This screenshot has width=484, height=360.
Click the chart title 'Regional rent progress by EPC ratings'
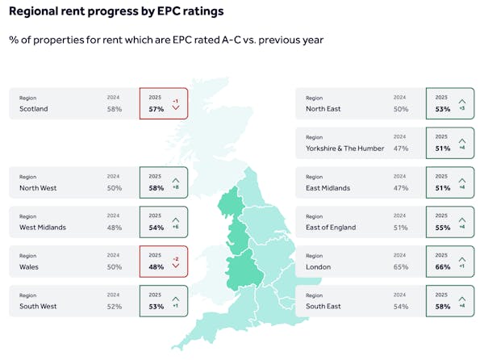[116, 12]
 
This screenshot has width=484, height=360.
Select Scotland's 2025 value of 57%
[156, 109]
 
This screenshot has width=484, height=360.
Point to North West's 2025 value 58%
[156, 188]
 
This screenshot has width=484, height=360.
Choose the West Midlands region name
[43, 228]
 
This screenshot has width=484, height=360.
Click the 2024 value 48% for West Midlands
[114, 228]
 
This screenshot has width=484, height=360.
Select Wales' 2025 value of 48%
[156, 267]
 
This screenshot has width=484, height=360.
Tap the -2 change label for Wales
[175, 259]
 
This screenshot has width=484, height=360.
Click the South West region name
[38, 307]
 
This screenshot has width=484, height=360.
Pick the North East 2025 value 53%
[442, 109]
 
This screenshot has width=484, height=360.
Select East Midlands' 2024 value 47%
[400, 188]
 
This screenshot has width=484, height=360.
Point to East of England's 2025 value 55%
[442, 228]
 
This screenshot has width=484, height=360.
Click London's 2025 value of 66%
[442, 267]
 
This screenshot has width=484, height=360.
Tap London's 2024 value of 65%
[400, 267]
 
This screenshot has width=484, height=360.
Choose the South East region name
[324, 307]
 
